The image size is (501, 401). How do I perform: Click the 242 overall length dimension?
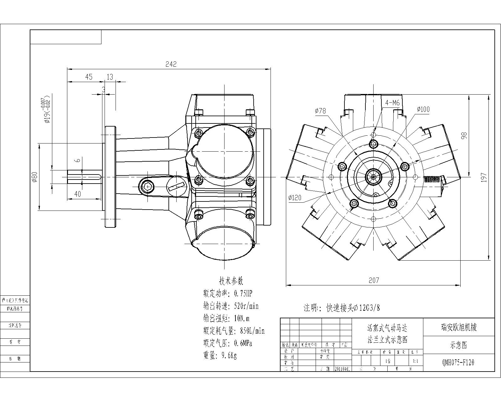[x=171, y=64]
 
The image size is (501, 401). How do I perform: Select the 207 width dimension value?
[x=374, y=280]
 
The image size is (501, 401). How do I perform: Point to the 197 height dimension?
[x=484, y=177]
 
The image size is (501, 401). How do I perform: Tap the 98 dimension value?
[x=464, y=135]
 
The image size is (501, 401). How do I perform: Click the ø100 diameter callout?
[x=423, y=109]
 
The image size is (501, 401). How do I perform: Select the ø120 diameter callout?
[x=295, y=197]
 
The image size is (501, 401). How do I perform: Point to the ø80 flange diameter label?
[x=35, y=177]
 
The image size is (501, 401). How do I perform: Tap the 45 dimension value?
[x=89, y=77]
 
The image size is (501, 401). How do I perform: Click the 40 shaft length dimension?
[x=77, y=194]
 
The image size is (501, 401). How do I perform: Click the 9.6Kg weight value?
[x=229, y=355]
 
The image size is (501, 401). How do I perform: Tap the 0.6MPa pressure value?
[x=243, y=343]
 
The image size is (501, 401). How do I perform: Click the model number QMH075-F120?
[x=458, y=362]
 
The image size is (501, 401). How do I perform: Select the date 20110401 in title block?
[x=343, y=369]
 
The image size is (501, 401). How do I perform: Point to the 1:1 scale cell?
[x=416, y=361]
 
